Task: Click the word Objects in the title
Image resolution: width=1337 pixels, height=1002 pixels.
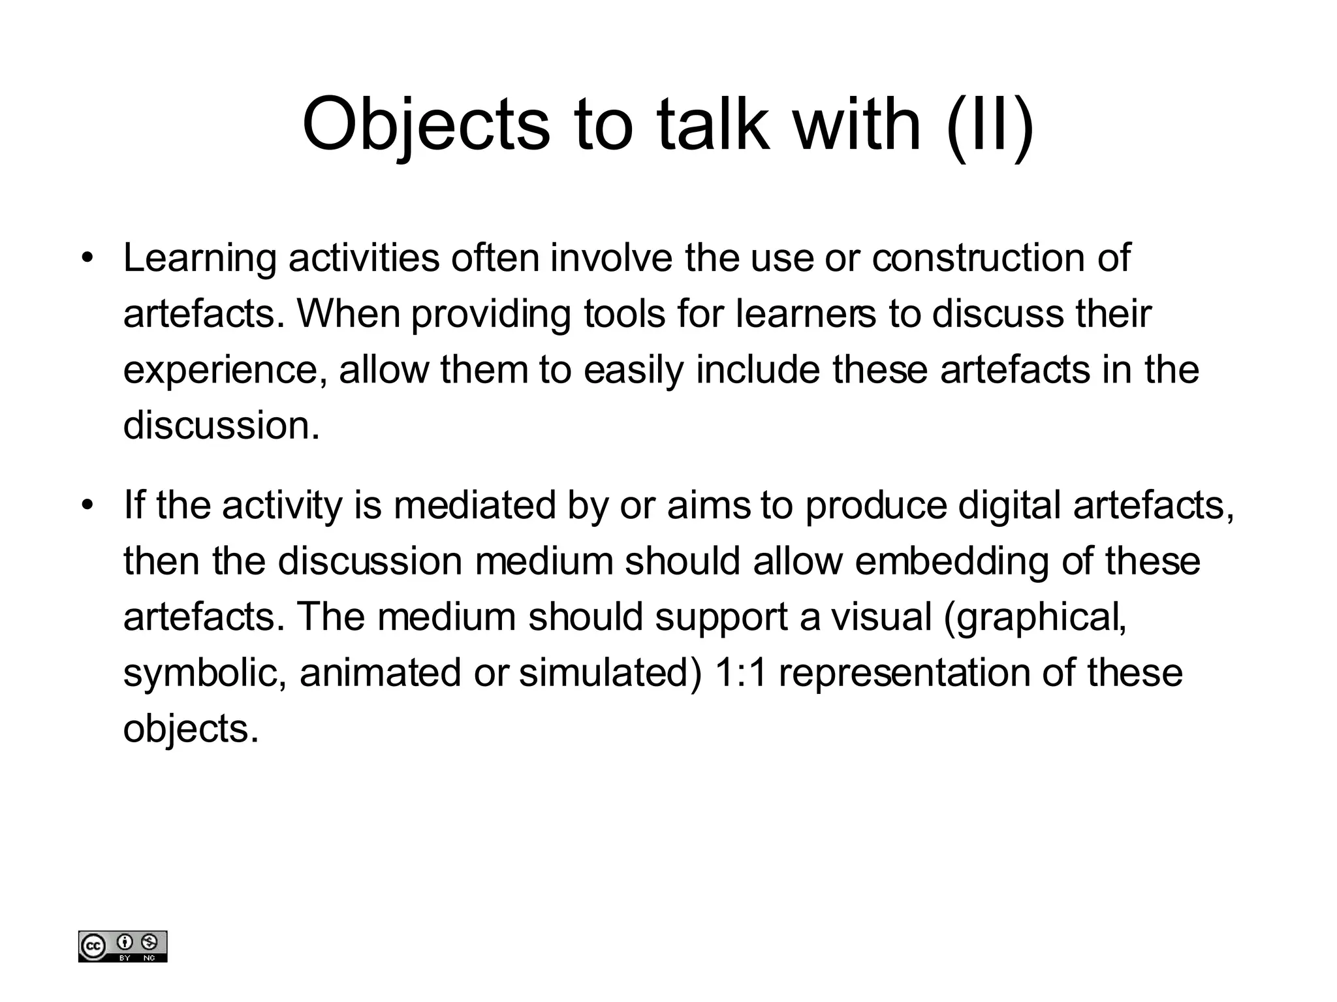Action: point(426,124)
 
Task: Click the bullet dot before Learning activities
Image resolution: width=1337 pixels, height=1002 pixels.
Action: point(87,258)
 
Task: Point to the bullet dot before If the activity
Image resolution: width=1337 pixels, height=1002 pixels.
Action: point(87,505)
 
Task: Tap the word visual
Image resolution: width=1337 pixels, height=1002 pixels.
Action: point(881,617)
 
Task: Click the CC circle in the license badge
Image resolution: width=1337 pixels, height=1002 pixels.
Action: point(93,947)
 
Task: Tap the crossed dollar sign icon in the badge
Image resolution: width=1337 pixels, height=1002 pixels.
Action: point(149,942)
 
